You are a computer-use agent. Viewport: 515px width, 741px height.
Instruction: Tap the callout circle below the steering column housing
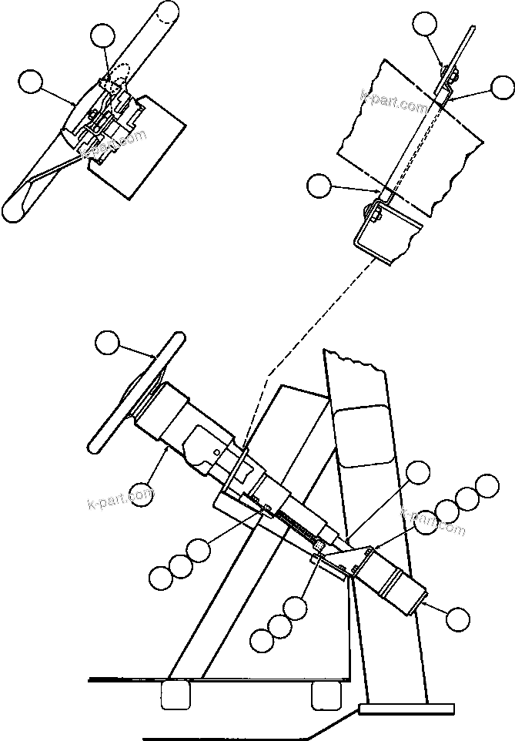142,494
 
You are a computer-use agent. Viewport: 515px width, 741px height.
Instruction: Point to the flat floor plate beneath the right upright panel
406,709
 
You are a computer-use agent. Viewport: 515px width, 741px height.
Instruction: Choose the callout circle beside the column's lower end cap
458,618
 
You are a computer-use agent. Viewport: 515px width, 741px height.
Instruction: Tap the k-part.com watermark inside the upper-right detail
393,100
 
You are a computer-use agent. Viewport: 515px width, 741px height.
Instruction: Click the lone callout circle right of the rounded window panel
418,473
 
